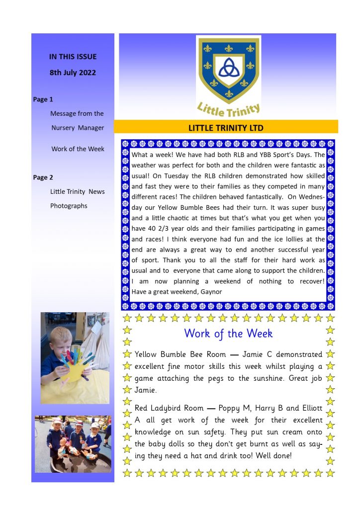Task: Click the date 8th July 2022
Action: pos(73,73)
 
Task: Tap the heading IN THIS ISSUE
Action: pos(73,57)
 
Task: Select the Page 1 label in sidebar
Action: pos(43,99)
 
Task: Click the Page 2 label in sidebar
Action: pos(43,177)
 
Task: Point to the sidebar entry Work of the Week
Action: pos(78,149)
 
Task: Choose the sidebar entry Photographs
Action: pos(69,206)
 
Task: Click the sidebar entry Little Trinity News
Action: pos(78,192)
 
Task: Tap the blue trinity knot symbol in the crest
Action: pos(228,69)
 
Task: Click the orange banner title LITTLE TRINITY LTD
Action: pos(226,128)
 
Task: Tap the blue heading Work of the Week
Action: pos(228,334)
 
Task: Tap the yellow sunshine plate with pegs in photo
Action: pos(74,370)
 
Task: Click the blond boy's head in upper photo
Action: pos(58,332)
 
